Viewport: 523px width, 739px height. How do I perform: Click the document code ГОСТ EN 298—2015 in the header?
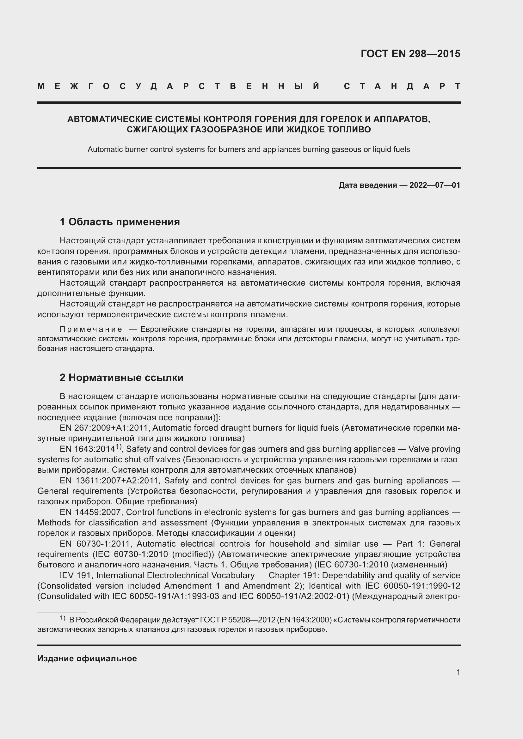click(410, 54)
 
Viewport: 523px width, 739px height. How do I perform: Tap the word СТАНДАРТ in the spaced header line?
click(402, 86)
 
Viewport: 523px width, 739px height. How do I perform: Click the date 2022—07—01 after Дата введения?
click(435, 185)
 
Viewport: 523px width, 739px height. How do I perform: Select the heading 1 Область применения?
click(120, 222)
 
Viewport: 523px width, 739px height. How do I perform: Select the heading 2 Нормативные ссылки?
click(121, 378)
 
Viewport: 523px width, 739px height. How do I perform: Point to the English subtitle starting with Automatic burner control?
click(249, 149)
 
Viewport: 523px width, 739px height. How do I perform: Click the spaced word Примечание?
click(91, 329)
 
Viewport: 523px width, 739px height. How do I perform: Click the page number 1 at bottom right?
click(458, 672)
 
